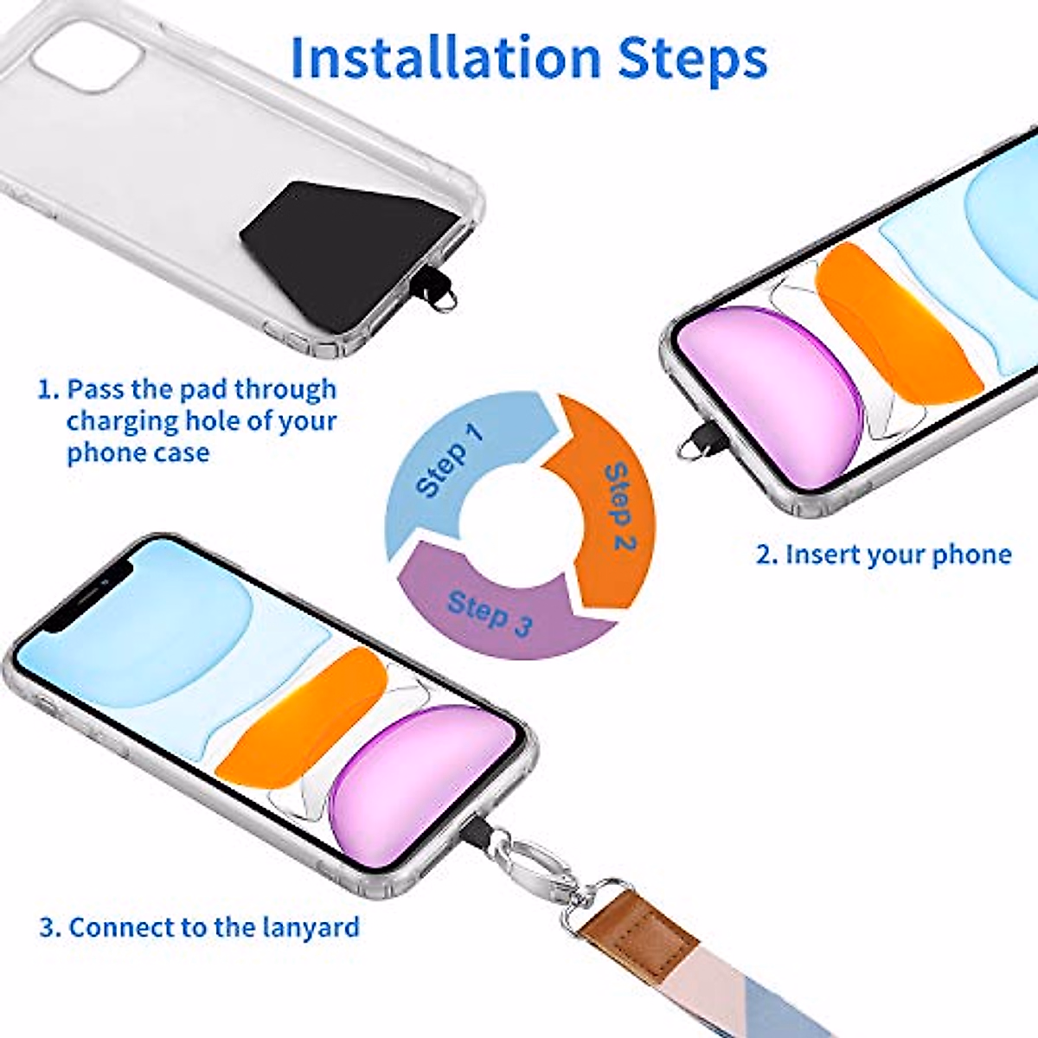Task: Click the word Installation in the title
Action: point(445,58)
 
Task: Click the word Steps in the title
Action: point(692,58)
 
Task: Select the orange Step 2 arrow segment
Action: point(610,510)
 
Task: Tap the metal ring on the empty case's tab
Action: point(443,299)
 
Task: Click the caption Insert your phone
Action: point(883,554)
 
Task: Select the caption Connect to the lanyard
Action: point(200,927)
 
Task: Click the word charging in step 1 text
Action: point(121,421)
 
